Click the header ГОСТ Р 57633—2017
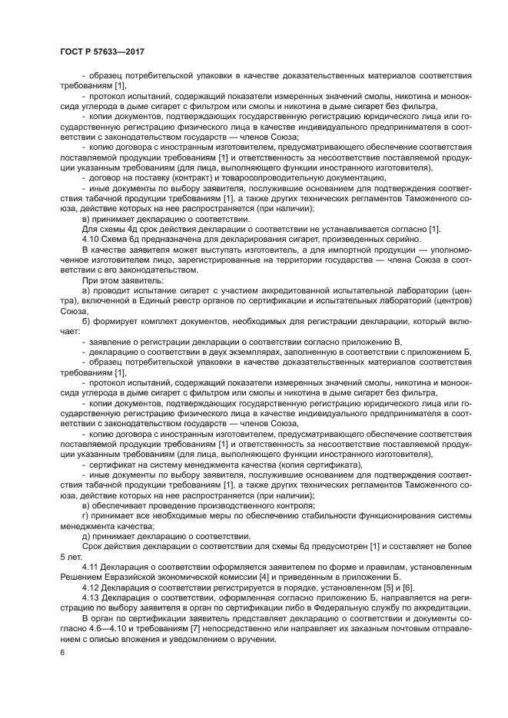coord(102,51)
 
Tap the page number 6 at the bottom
coord(62,651)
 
